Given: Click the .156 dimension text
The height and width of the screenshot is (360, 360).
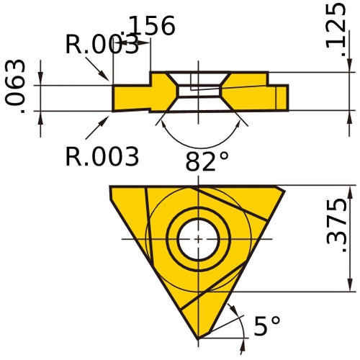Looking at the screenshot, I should [149, 26].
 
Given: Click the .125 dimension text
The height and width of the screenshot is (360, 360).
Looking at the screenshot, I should [336, 25].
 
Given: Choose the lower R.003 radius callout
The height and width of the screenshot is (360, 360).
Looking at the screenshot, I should [102, 156].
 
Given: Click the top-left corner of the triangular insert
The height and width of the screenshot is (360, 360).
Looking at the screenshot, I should [111, 187].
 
